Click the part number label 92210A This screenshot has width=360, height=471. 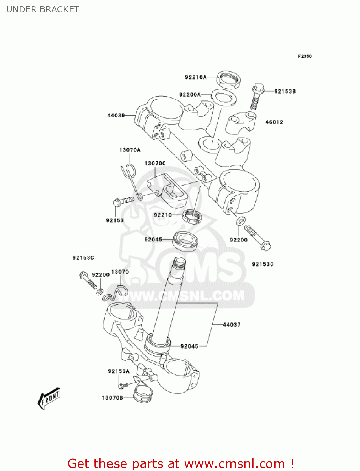point(196,77)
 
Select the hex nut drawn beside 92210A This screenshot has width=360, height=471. point(228,80)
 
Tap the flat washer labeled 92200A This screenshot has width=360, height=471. point(223,97)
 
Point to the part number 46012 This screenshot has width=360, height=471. point(274,122)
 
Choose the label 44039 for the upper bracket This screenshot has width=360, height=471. point(116,115)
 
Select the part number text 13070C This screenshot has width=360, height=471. point(155,163)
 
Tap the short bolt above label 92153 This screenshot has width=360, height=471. point(123,201)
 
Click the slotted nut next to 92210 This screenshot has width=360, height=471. point(192,217)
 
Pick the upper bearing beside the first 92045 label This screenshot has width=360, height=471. point(185,241)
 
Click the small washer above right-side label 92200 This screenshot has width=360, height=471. point(240,221)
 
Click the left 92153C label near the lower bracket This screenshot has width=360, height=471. point(83,258)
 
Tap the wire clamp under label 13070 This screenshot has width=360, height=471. point(116,294)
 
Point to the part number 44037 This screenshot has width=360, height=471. point(232,325)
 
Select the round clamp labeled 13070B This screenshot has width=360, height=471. point(143,394)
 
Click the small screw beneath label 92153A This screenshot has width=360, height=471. point(123,385)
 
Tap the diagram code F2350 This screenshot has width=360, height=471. point(305,56)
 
